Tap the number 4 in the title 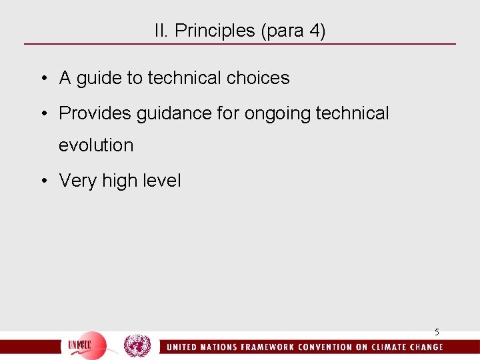tap(313, 31)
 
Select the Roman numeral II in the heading tap(161, 31)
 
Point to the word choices tap(258, 78)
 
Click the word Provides tap(95, 113)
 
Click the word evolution tap(96, 145)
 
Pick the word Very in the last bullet tap(78, 181)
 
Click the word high tap(119, 181)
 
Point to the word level tap(161, 181)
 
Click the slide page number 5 tap(437, 332)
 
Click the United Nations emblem tap(138, 346)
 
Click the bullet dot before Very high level tap(43, 181)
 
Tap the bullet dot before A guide tap(43, 79)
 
